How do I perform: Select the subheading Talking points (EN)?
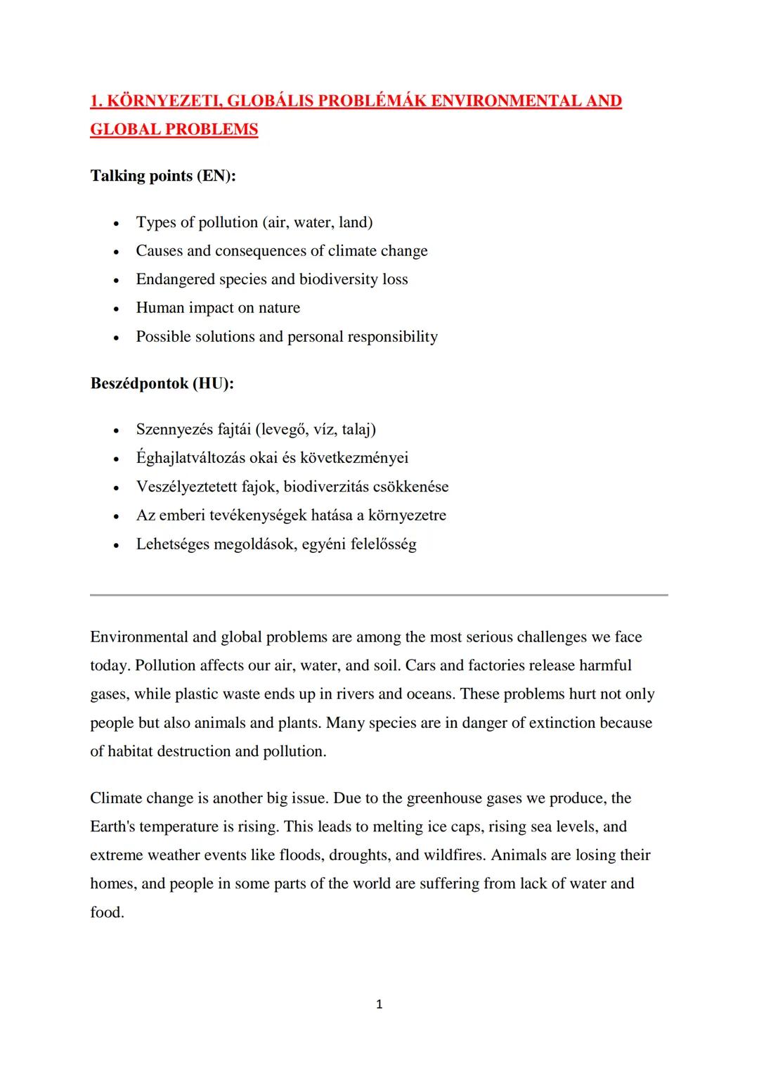click(163, 176)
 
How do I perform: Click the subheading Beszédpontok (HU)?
click(162, 384)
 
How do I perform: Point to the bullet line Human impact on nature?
click(218, 308)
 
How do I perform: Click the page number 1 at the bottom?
click(379, 1004)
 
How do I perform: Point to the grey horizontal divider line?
click(379, 595)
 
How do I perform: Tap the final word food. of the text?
click(107, 912)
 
